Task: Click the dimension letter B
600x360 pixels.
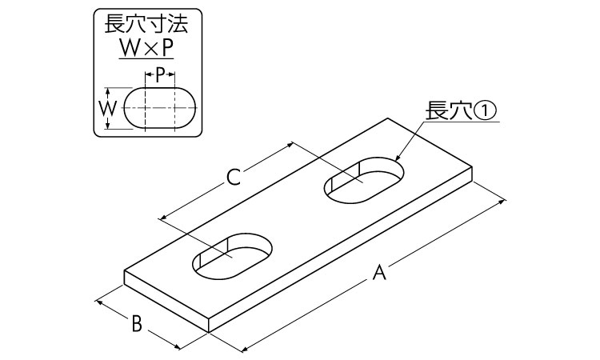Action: [137, 324]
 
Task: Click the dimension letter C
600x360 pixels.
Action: [234, 177]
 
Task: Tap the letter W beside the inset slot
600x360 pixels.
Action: [108, 108]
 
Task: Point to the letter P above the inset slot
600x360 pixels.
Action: [160, 76]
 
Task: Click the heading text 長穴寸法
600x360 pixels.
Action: [146, 25]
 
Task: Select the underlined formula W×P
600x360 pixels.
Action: [146, 48]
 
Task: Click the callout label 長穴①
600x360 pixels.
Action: [460, 110]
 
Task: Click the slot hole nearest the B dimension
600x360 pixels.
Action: [233, 255]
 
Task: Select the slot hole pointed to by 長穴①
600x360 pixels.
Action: [364, 179]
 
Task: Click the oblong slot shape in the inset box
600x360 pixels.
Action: [160, 108]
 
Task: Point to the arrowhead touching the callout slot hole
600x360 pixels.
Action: [397, 158]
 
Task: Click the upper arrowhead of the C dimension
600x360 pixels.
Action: [290, 144]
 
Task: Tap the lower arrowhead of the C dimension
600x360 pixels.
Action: [162, 218]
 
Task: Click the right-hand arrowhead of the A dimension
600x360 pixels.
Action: [503, 201]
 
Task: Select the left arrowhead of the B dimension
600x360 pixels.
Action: [98, 302]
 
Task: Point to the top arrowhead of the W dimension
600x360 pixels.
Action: [108, 91]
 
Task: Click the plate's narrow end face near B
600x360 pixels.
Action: [166, 302]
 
